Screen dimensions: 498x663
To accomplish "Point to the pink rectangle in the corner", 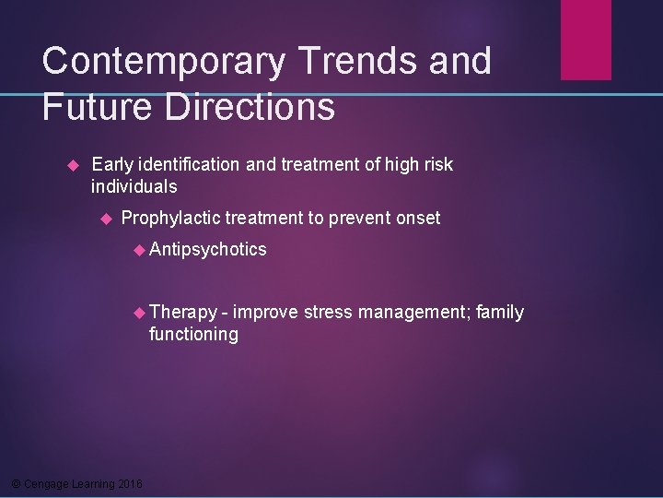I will (586, 40).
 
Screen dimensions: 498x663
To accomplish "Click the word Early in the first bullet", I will (112, 165).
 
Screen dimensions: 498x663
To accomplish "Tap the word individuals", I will (134, 186).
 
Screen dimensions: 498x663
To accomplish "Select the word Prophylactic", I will (170, 218).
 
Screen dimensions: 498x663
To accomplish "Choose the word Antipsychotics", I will (208, 249).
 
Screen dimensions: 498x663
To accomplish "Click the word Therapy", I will (183, 313).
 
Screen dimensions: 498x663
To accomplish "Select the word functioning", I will (193, 334).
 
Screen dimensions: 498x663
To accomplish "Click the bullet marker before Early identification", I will (76, 166).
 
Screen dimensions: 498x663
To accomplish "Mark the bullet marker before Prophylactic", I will (106, 219).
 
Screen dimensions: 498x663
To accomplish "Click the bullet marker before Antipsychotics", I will (140, 250).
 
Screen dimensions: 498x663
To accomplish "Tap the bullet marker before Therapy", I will (140, 314).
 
